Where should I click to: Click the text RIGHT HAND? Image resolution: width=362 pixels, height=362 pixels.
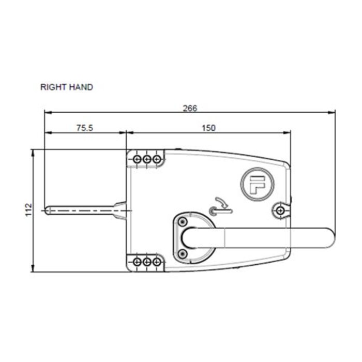pyautogui.click(x=67, y=87)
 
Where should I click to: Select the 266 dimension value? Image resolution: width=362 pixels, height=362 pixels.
pyautogui.click(x=190, y=108)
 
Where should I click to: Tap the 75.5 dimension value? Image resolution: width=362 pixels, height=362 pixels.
pyautogui.click(x=84, y=128)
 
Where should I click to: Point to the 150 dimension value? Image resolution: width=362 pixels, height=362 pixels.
pyautogui.click(x=208, y=128)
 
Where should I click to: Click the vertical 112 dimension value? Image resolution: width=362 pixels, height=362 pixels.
pyautogui.click(x=29, y=209)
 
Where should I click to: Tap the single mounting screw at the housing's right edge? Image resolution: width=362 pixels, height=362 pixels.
pyautogui.click(x=280, y=210)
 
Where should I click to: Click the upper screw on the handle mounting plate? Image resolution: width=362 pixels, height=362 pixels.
pyautogui.click(x=182, y=222)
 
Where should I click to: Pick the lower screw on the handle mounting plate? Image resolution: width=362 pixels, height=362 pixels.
pyautogui.click(x=182, y=253)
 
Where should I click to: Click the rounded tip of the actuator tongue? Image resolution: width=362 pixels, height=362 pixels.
pyautogui.click(x=48, y=210)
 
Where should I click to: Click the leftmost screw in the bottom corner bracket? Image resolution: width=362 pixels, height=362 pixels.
pyautogui.click(x=138, y=262)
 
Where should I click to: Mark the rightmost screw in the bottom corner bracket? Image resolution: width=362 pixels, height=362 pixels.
pyautogui.click(x=156, y=262)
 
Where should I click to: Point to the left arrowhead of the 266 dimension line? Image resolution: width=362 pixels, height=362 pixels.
pyautogui.click(x=47, y=112)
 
